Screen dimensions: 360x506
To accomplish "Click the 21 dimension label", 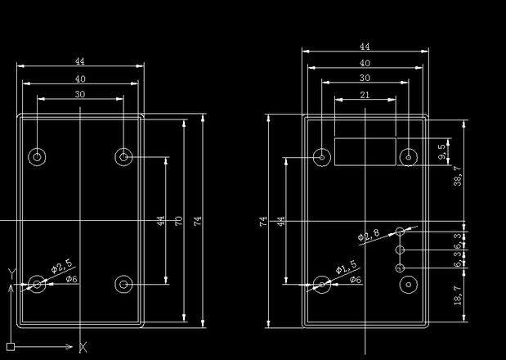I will coord(365,95).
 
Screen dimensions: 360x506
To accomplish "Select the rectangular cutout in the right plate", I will coord(365,151).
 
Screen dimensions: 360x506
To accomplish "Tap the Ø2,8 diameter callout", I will coord(369,236).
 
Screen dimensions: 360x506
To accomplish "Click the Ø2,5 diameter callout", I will coord(61,265).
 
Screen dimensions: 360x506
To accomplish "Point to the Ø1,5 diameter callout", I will coord(346,267).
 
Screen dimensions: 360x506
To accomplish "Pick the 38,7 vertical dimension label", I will coord(457,176).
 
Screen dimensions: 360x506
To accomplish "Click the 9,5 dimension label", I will coord(441,152).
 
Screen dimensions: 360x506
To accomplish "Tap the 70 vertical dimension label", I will coord(179,221).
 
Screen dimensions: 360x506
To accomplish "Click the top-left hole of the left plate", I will coord(37,156).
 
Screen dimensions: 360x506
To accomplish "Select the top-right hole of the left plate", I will coord(123,156).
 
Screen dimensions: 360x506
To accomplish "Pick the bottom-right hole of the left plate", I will coord(123,284).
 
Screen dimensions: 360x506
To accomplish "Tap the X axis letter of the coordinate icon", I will coord(83,348).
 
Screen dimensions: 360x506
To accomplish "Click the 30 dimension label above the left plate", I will coord(80,94).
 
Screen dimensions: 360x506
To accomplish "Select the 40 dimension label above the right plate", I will coord(365,63).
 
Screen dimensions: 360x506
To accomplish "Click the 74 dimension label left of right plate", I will coord(263,221).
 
